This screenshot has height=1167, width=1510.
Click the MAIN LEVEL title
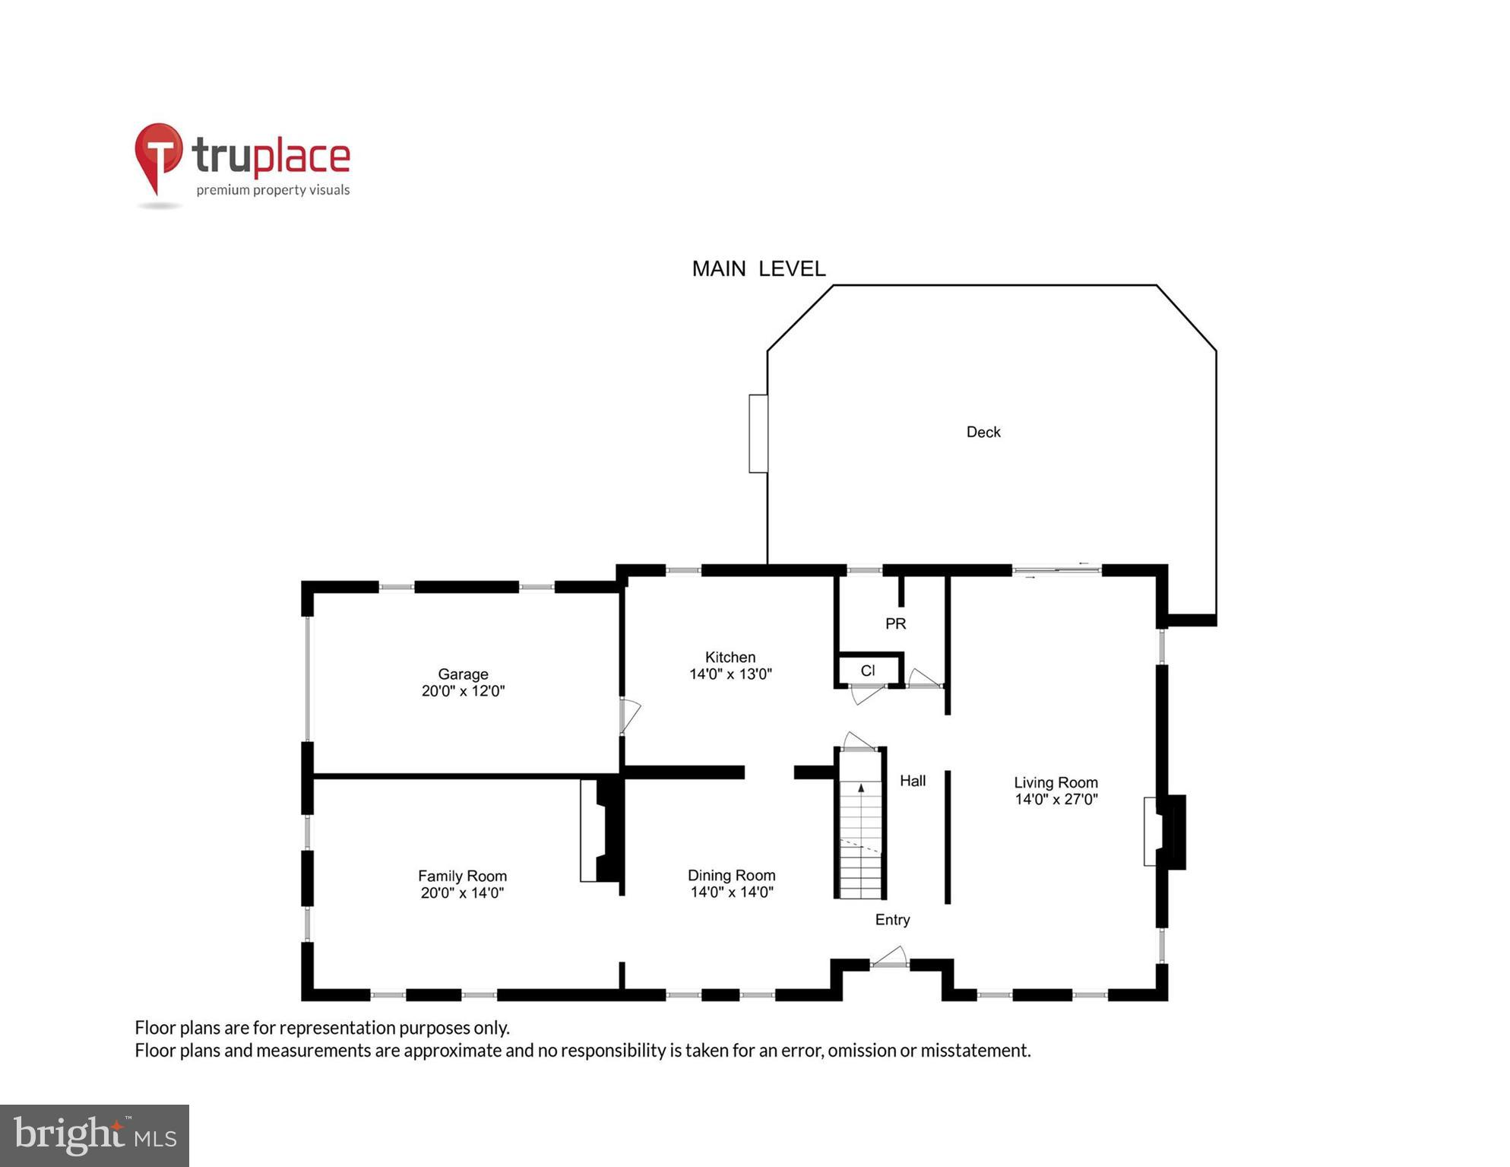pyautogui.click(x=758, y=269)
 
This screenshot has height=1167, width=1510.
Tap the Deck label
pyautogui.click(x=983, y=433)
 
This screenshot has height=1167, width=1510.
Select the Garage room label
pyautogui.click(x=462, y=674)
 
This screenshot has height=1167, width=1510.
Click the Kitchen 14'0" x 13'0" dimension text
pyautogui.click(x=730, y=674)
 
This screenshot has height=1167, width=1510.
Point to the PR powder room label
pyautogui.click(x=895, y=624)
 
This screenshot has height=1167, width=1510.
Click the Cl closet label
pyautogui.click(x=867, y=671)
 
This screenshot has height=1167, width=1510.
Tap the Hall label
pyautogui.click(x=912, y=781)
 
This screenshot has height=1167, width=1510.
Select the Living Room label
pyautogui.click(x=1055, y=782)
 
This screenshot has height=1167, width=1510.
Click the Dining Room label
pyautogui.click(x=731, y=875)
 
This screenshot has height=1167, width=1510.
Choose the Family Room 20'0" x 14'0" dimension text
pyautogui.click(x=462, y=893)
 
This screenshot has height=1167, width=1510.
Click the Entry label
pyautogui.click(x=892, y=920)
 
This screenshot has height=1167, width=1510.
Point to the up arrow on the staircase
pyautogui.click(x=861, y=789)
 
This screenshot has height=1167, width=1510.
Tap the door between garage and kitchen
pyautogui.click(x=629, y=715)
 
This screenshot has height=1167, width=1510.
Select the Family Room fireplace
pyautogui.click(x=600, y=830)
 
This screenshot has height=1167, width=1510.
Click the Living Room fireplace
pyautogui.click(x=1164, y=831)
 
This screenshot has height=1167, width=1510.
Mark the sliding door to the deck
pyautogui.click(x=1056, y=570)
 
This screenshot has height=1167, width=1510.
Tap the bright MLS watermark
pyautogui.click(x=94, y=1135)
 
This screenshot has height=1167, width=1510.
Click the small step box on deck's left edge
pyautogui.click(x=758, y=433)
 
